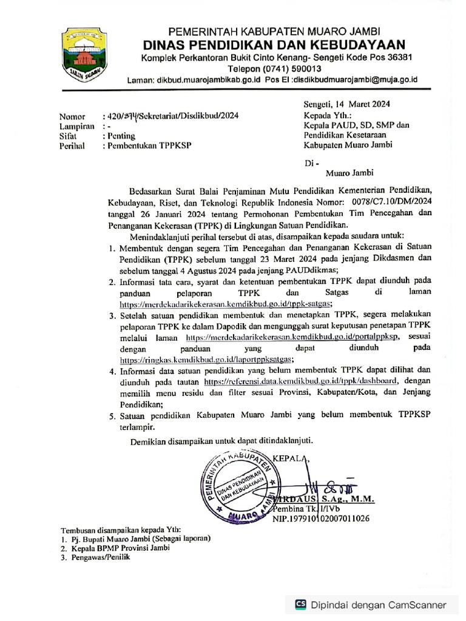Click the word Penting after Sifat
[121, 136]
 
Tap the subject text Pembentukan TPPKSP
[143, 146]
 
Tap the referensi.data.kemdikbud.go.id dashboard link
[301, 381]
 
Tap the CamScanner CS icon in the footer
[300, 604]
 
